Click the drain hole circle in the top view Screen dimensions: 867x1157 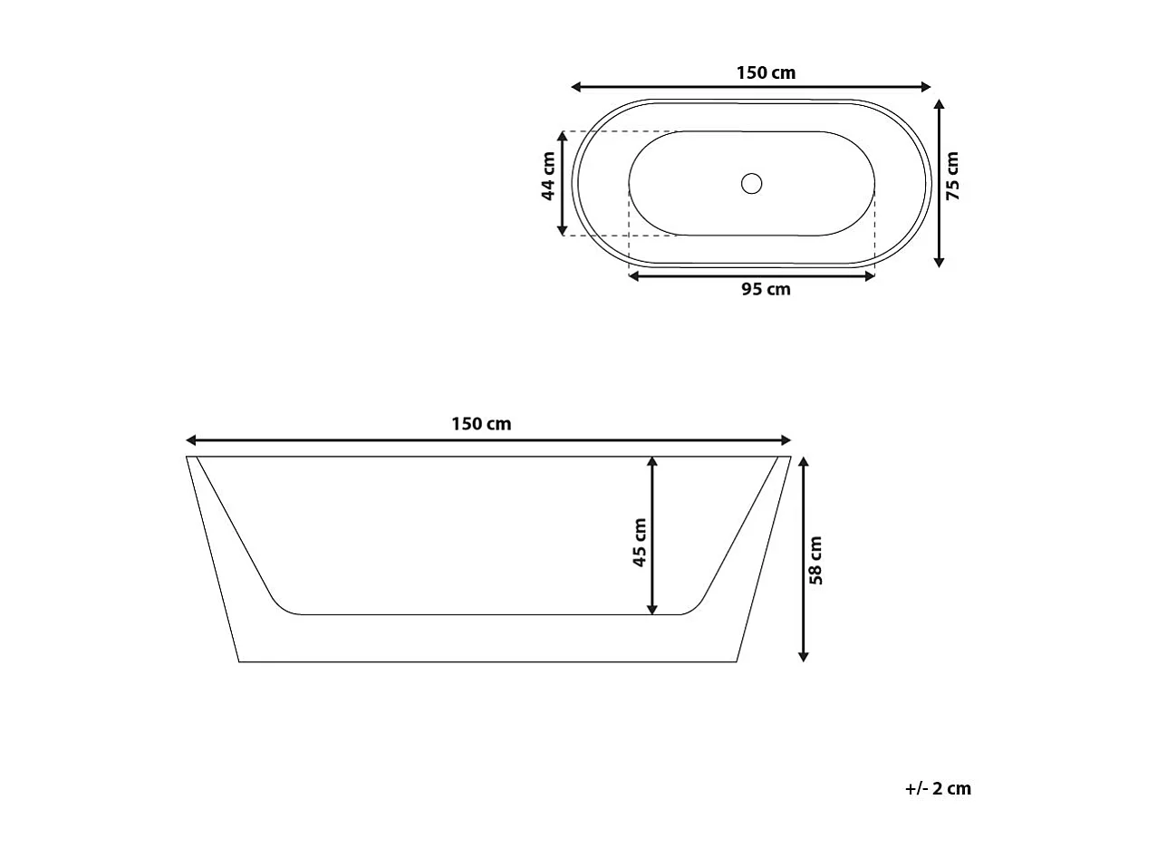pyautogui.click(x=751, y=184)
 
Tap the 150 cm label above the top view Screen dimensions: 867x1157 pyautogui.click(x=766, y=72)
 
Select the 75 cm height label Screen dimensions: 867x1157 pyautogui.click(x=952, y=176)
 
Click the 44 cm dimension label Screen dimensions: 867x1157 pyautogui.click(x=548, y=177)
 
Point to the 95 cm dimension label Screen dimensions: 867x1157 pyautogui.click(x=766, y=290)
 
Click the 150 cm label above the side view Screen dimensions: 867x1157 pyautogui.click(x=481, y=424)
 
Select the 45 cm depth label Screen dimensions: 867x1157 pyautogui.click(x=640, y=543)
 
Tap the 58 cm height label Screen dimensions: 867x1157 pyautogui.click(x=815, y=560)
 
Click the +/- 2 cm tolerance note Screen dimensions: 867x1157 pyautogui.click(x=938, y=788)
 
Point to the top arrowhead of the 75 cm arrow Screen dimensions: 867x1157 pyautogui.click(x=940, y=105)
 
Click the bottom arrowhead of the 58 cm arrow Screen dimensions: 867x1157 pyautogui.click(x=803, y=655)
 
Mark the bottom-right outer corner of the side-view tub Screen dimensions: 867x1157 pyautogui.click(x=735, y=661)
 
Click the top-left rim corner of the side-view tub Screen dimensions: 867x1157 pyautogui.click(x=188, y=458)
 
